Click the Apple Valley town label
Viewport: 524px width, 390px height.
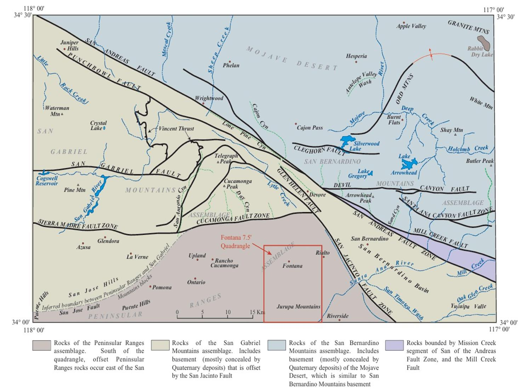[411, 26]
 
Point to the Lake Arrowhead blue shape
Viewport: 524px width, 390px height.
[409, 164]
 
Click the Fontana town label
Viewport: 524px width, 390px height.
[292, 266]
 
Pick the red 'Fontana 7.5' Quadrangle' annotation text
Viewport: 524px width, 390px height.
[235, 242]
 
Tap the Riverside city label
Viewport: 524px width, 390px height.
[337, 316]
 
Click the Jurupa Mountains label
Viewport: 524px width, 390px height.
[298, 307]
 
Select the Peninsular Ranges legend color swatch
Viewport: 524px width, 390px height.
[41, 345]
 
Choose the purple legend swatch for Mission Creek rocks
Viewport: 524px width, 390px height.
[394, 345]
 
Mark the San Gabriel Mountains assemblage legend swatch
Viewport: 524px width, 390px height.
[160, 345]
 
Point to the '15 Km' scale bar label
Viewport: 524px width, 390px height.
[257, 312]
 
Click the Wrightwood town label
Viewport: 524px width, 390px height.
[209, 98]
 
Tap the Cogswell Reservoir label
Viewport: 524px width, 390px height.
[47, 181]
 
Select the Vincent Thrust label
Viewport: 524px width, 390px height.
[176, 129]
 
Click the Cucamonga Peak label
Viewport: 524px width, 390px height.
[238, 184]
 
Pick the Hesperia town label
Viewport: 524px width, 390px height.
[356, 56]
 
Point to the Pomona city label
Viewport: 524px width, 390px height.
[162, 287]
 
